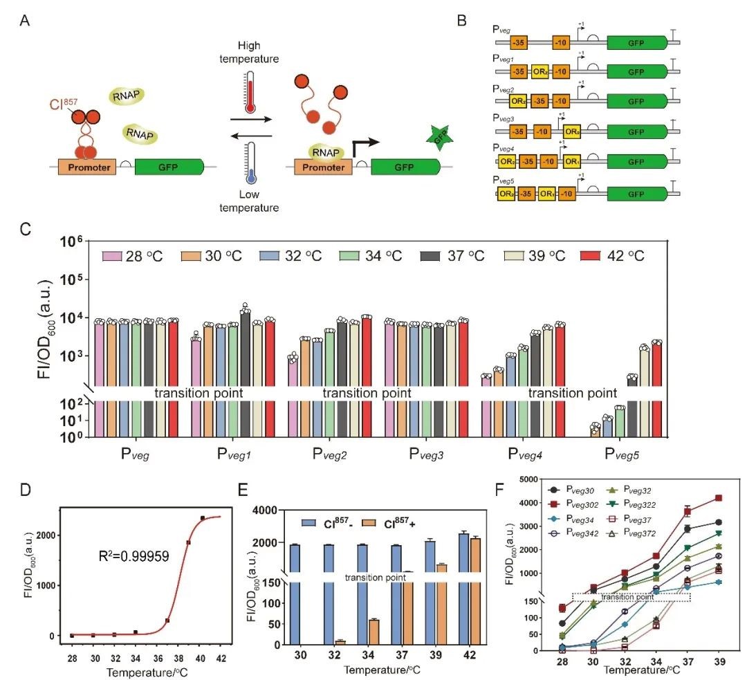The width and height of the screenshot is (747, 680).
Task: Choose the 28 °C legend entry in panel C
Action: point(136,255)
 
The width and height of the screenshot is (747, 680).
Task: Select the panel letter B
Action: point(463,21)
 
